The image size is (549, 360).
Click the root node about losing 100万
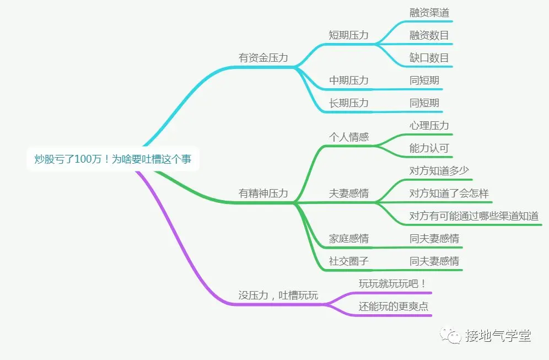coord(113,159)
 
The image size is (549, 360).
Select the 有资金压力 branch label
coord(263,57)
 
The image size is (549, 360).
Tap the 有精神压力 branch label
coord(263,194)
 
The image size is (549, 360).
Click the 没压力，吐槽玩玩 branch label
coord(278,295)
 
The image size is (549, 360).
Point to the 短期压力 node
coord(348,35)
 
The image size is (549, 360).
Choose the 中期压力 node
coord(348,80)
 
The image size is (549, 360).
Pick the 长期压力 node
coord(348,103)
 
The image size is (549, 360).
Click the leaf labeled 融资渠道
coord(429,13)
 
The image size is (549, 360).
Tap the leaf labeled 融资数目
coord(429,35)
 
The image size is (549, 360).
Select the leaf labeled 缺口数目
coord(429,58)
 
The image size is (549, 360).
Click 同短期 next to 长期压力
coord(424,103)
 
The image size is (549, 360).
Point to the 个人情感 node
coord(348,137)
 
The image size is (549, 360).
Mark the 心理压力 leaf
coord(429,126)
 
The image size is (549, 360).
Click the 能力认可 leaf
coord(429,148)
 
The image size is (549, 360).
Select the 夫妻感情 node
coord(348,194)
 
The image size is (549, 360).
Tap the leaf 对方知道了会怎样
coord(449,194)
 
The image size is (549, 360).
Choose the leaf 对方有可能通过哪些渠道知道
coord(473,216)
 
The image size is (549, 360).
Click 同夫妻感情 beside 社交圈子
coord(434,261)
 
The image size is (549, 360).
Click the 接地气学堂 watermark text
coord(498,336)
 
